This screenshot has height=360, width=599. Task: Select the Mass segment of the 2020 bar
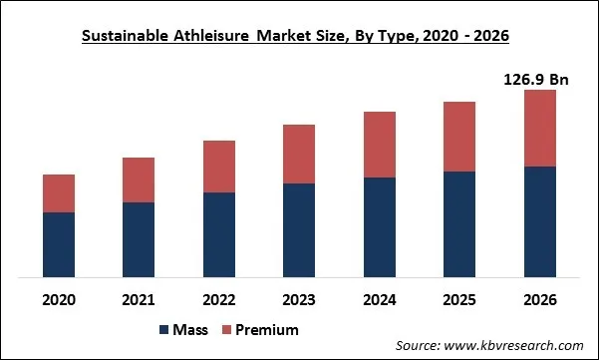[59, 244]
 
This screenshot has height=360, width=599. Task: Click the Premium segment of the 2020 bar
[59, 193]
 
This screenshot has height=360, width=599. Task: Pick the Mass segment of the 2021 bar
[139, 239]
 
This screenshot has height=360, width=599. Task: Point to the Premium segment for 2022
[219, 167]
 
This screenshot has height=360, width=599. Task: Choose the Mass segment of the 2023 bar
[299, 230]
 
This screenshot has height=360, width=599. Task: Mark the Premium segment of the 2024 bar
[380, 145]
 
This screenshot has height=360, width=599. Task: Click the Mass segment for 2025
[459, 224]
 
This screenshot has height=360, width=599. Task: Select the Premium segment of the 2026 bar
[539, 128]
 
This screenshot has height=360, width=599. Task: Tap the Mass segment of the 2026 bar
[539, 221]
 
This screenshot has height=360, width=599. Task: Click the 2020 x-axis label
[59, 298]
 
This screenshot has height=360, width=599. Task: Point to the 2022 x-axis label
[219, 298]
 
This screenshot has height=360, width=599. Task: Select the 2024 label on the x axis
[380, 298]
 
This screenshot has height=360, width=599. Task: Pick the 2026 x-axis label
[539, 298]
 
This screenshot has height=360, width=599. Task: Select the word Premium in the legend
[267, 329]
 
